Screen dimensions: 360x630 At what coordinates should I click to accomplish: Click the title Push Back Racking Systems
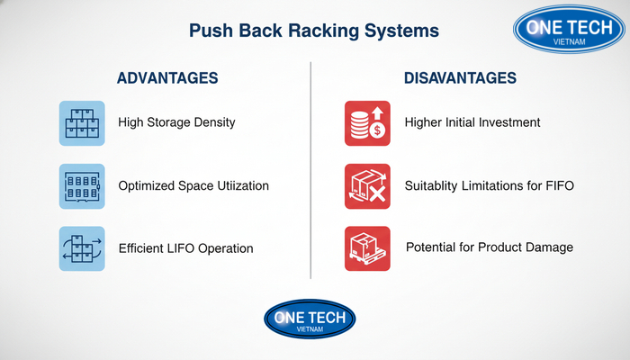[x=314, y=31]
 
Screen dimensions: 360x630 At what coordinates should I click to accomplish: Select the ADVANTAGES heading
[x=167, y=78]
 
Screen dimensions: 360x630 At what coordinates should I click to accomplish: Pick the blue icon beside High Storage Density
[x=82, y=123]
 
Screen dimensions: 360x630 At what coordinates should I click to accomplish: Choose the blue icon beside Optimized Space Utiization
[x=82, y=186]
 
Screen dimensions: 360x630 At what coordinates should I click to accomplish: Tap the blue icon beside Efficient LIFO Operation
[x=82, y=248]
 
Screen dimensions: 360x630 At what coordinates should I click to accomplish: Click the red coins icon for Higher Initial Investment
[x=367, y=123]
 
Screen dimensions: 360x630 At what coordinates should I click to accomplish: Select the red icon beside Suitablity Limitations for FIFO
[x=367, y=186]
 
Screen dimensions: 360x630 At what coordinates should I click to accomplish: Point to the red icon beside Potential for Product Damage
[x=367, y=248]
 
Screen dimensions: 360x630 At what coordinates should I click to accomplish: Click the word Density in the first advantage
[x=212, y=123]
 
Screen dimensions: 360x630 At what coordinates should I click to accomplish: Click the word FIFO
[x=555, y=186]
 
